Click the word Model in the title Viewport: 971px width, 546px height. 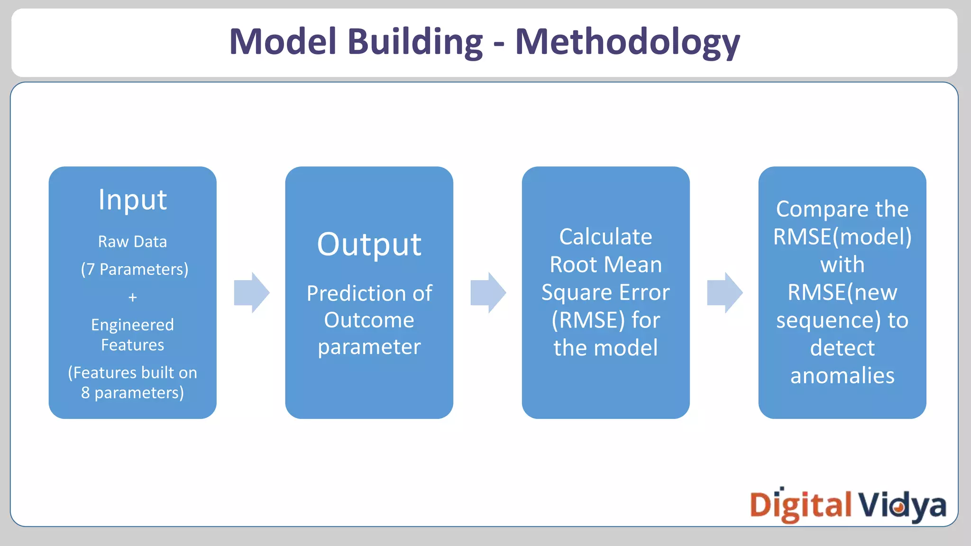[x=283, y=42]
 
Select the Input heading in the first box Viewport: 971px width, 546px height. [x=132, y=200]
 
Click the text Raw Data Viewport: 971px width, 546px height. [x=132, y=242]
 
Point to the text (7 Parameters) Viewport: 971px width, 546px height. [x=135, y=269]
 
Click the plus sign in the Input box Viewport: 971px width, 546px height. [x=132, y=297]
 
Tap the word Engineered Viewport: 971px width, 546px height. [x=132, y=325]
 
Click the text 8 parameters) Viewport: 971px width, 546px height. [x=132, y=393]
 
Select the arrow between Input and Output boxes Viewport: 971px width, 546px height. [x=251, y=292]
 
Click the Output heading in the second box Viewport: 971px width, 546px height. [x=369, y=245]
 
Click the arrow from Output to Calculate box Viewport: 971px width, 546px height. [x=488, y=292]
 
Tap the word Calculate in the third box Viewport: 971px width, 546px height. [x=605, y=237]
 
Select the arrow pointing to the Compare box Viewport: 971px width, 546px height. [x=724, y=292]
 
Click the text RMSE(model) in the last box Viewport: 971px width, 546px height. [x=842, y=237]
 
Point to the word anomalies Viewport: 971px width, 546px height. [x=842, y=376]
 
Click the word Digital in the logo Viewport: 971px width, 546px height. [x=800, y=505]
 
